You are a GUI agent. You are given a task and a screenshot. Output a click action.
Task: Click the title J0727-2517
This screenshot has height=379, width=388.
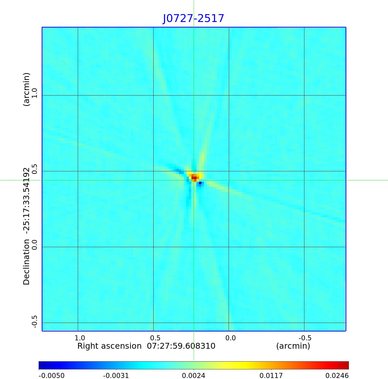193,18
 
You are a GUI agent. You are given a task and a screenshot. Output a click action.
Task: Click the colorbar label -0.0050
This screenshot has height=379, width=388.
52,375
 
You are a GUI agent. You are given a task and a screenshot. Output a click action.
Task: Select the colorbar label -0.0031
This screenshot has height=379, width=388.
116,375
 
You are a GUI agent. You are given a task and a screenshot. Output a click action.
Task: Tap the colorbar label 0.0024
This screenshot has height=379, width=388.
193,375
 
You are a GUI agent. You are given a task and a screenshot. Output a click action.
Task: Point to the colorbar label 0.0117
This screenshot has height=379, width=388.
271,375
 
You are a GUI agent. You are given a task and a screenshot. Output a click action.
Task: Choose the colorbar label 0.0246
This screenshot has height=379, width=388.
336,375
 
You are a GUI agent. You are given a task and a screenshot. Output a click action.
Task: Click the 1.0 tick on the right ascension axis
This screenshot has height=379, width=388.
80,338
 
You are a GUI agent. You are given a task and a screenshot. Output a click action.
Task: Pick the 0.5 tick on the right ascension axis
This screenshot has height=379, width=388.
155,338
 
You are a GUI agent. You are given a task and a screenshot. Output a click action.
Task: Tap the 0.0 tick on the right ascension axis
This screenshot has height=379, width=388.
230,338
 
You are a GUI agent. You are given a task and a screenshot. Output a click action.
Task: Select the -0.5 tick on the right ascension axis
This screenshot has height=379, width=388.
305,338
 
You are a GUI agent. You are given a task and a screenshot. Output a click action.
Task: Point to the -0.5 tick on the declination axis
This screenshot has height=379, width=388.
35,322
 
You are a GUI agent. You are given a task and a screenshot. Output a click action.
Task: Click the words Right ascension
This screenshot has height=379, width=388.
109,346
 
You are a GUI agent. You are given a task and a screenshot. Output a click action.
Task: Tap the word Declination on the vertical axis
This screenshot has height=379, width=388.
27,262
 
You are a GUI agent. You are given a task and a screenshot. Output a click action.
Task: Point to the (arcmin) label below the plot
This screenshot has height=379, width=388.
293,346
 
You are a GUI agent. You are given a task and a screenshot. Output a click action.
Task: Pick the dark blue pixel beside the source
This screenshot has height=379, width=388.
200,183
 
